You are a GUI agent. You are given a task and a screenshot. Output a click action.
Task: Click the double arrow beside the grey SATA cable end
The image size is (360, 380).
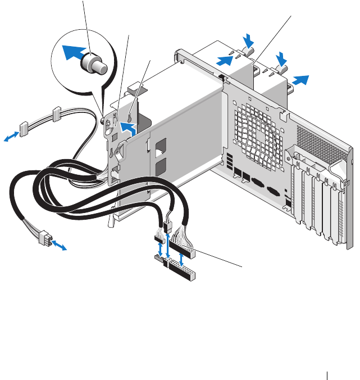click(x=11, y=137)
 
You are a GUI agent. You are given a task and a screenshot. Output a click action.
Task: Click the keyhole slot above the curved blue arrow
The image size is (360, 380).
click(x=131, y=116)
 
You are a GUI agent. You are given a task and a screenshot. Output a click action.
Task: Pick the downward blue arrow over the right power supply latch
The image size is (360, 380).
click(x=281, y=58)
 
